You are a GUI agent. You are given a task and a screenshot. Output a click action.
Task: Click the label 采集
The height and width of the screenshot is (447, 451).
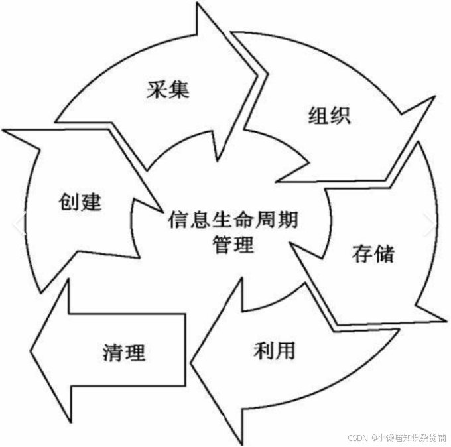click(168, 88)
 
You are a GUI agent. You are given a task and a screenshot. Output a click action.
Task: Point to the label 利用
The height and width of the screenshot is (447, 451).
click(273, 351)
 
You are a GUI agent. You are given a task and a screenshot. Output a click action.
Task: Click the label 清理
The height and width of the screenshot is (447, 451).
click(124, 351)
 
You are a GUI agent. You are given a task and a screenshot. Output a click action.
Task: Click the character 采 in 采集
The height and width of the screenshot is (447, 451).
click(157, 88)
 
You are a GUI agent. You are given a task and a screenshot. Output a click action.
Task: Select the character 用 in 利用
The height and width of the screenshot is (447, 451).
click(284, 351)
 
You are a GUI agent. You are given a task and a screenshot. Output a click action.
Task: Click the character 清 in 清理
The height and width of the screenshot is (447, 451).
click(113, 351)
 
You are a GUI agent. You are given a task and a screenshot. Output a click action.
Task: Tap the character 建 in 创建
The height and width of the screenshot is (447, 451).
click(92, 200)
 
